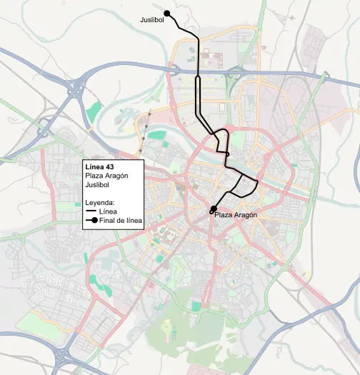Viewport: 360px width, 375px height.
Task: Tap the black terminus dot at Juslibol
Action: (166, 13)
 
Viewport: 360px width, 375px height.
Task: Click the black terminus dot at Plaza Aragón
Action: (213, 208)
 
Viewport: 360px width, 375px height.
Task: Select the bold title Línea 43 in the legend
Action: (99, 167)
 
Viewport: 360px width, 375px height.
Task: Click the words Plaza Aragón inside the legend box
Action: (106, 176)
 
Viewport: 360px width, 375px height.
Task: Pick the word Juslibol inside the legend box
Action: (98, 186)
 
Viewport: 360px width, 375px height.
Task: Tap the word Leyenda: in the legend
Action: (101, 203)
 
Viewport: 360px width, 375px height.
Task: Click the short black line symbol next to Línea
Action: (91, 212)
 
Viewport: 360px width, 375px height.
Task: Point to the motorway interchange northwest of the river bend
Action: (74, 91)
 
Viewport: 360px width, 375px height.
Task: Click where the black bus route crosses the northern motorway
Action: (197, 72)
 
